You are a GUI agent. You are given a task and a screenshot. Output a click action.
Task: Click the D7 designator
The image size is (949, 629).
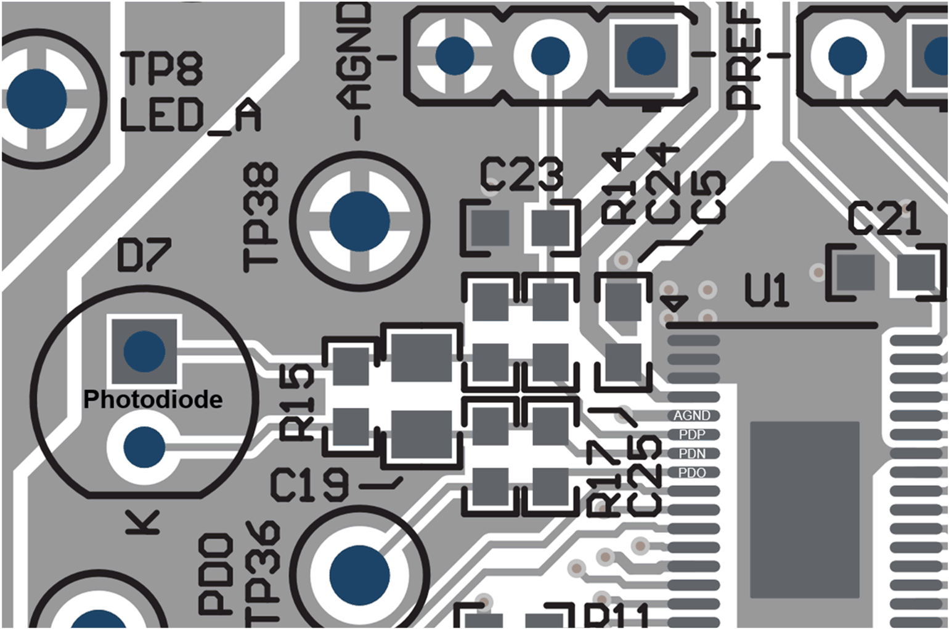pos(144,257)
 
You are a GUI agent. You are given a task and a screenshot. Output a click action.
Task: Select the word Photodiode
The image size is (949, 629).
pos(153,400)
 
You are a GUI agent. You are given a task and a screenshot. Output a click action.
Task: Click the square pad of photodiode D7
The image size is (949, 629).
pos(144,351)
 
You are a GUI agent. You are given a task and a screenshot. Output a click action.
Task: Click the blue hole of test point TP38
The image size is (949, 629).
pos(359,221)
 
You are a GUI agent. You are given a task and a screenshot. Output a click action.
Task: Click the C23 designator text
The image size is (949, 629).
pos(521,174)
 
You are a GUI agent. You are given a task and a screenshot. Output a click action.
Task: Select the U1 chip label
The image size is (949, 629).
pos(767,291)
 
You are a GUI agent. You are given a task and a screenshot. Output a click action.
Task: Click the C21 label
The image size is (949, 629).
pos(884,219)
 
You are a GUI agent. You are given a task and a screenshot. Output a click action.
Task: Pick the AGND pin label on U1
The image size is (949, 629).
pos(691,416)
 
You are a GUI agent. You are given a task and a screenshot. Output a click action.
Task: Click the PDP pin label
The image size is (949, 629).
pos(691,435)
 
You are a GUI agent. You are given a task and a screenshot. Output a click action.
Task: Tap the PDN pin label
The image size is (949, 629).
pos(691,454)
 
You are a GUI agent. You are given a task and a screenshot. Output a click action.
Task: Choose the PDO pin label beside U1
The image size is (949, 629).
pos(691,473)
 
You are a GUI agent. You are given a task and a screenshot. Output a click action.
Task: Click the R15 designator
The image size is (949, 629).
pos(298,402)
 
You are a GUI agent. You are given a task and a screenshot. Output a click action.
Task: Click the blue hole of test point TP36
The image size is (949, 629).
pos(359,575)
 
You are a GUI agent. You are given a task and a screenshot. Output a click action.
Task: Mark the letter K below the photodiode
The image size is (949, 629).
pos(143,522)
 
